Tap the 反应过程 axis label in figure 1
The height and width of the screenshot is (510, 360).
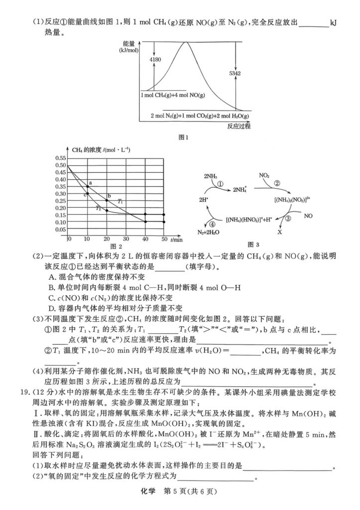tap(239, 126)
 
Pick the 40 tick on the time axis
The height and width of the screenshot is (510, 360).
tap(145, 240)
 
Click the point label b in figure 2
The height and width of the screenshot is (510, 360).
tap(109, 196)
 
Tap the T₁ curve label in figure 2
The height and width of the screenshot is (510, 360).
tap(120, 201)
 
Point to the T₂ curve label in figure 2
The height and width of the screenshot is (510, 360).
tap(99, 208)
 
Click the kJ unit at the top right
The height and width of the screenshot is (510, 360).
tap(333, 22)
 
